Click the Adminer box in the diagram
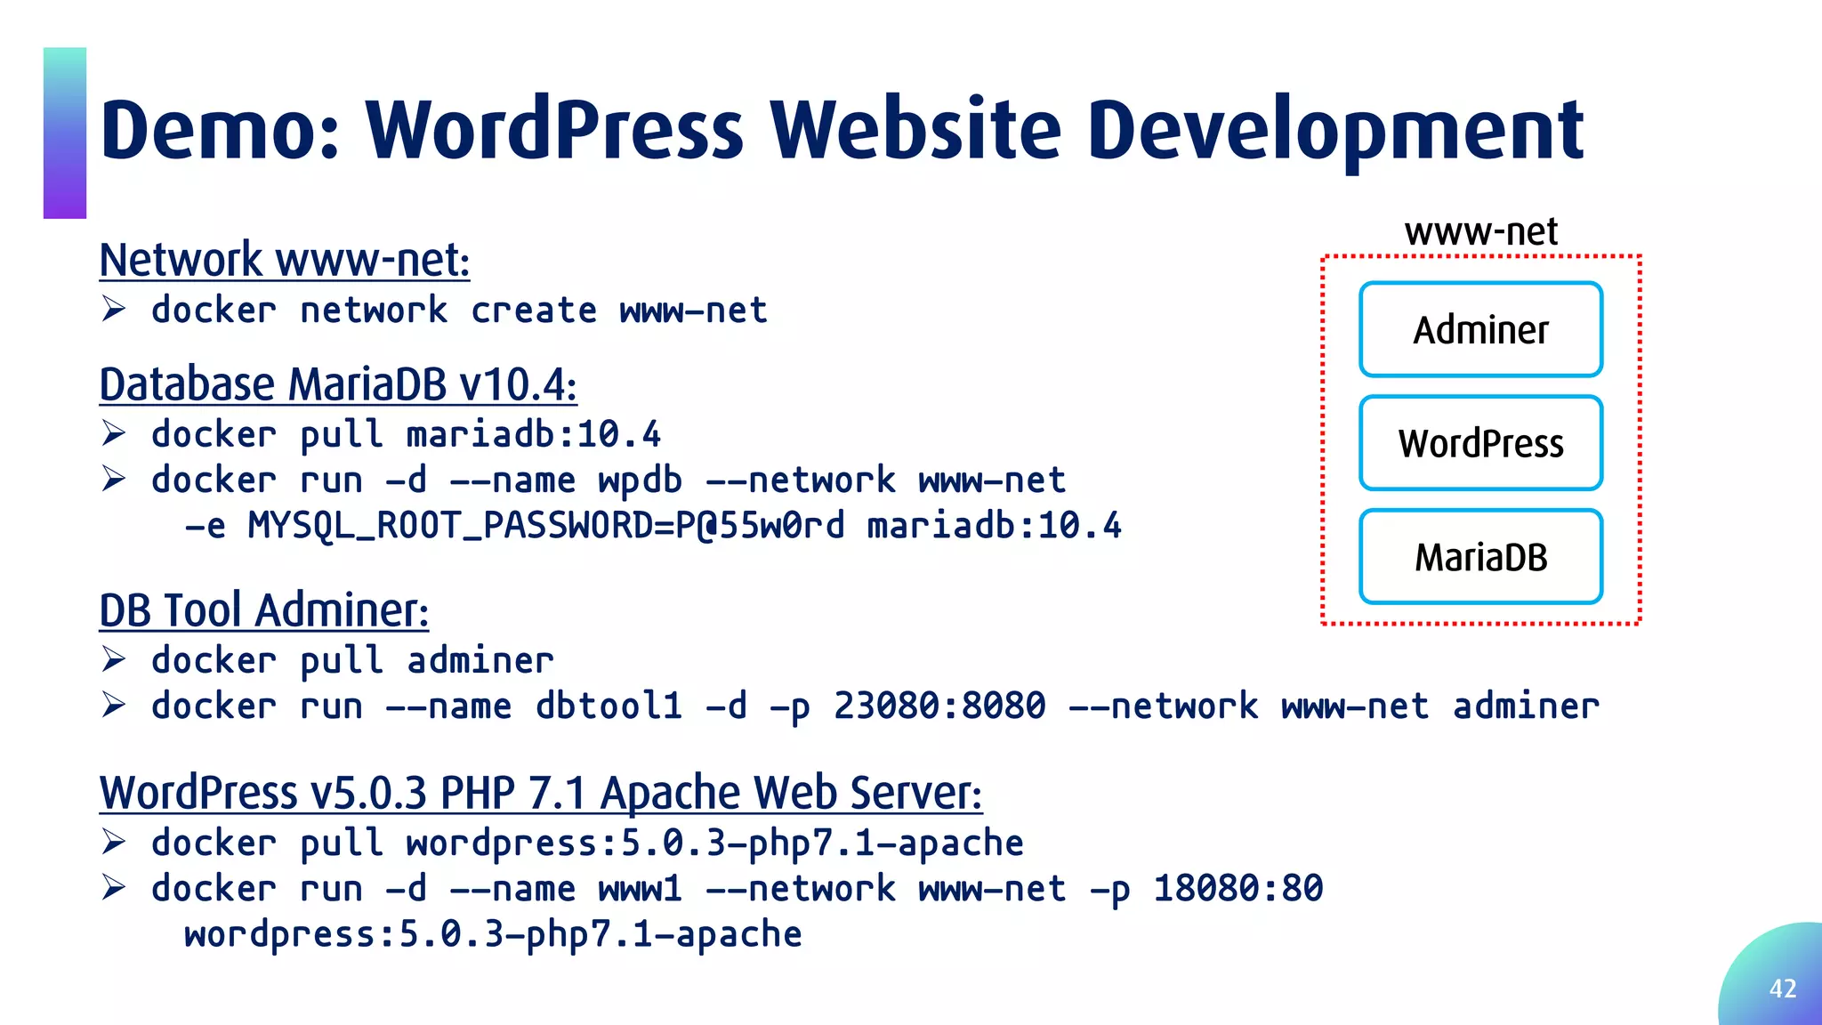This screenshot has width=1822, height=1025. point(1480,329)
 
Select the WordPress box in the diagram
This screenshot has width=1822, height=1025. point(1480,443)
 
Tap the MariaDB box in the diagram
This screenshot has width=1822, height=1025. point(1480,557)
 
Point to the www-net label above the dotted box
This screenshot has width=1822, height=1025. point(1480,232)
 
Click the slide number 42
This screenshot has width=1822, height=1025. point(1782,989)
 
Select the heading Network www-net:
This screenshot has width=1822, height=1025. point(285,260)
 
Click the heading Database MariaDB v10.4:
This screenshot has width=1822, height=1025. point(338,384)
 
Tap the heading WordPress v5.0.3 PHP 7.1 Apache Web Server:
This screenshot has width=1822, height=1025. point(541,792)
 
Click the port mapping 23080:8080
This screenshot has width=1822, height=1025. point(939,706)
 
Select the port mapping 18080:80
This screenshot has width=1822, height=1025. point(1238,889)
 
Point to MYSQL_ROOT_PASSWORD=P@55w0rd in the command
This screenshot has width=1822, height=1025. point(546,526)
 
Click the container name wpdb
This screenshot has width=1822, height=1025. point(640,480)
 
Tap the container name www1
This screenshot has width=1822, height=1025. point(640,889)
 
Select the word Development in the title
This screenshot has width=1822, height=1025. point(1334,131)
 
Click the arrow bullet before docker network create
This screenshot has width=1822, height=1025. point(113,310)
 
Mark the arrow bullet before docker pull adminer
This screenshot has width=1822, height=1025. point(113,660)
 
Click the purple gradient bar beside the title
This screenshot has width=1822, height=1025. point(65,133)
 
